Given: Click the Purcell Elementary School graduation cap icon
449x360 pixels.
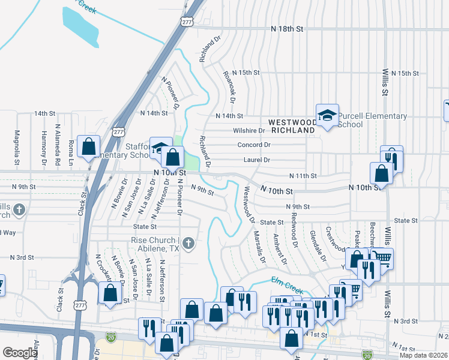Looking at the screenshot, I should pos(327,116).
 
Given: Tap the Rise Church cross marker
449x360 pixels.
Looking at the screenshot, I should pos(188,243).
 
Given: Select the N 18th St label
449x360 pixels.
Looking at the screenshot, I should pos(288,28).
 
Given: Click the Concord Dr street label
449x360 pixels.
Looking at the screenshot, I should pos(254,145).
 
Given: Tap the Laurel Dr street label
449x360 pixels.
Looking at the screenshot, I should pos(256,160).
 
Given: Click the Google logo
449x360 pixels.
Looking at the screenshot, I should pos(20,352).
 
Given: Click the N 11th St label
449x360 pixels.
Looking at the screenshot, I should pos(303,176).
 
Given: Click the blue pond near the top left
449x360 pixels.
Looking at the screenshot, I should pos(82,26).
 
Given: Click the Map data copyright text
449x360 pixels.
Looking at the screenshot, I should pos(423,355).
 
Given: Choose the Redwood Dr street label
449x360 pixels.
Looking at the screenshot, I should pos(294,230).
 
